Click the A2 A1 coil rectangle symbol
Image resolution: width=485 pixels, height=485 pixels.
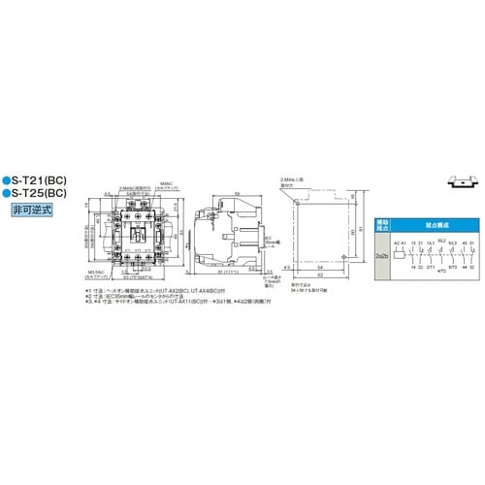(x=399, y=250)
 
